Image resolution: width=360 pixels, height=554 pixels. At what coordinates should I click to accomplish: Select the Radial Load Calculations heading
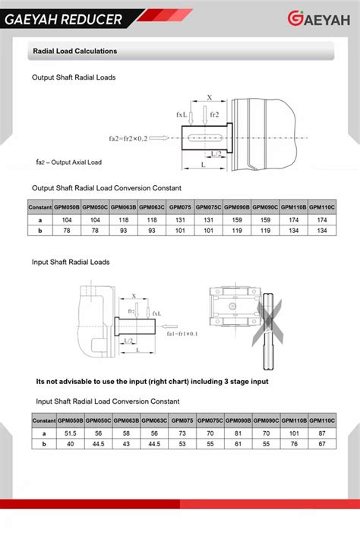click(74, 52)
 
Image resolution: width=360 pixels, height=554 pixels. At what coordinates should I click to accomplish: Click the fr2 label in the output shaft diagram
click(215, 114)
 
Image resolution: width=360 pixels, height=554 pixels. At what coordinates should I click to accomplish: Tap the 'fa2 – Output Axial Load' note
click(69, 162)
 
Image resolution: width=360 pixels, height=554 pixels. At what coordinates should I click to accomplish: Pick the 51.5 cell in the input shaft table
click(71, 433)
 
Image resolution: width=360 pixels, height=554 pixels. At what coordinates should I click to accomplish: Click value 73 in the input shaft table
click(182, 433)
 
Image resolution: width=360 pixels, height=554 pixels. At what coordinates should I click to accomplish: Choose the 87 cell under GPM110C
click(323, 433)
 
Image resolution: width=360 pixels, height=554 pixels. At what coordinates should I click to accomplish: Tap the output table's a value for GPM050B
click(67, 219)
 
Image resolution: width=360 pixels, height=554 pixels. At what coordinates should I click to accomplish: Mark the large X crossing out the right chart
click(269, 319)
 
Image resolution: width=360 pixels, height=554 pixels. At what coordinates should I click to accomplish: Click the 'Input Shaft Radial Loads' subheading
click(71, 262)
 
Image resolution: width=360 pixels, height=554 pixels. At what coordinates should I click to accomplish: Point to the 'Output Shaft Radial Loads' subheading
click(74, 77)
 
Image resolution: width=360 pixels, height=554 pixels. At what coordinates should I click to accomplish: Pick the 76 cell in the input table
click(295, 444)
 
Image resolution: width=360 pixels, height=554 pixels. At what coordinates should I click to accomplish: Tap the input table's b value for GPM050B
click(71, 444)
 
